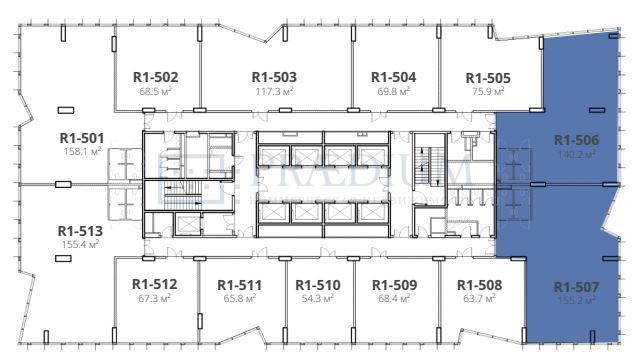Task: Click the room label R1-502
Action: point(155,76)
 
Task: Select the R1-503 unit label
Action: point(274,76)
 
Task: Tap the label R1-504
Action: point(393,76)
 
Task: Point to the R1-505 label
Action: point(488,77)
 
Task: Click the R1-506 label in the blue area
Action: point(576,141)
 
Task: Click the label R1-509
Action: point(382,283)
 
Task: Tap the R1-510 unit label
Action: point(318,283)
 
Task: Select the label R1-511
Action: point(239,283)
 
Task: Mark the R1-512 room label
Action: point(154,283)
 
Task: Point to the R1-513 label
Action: point(81,229)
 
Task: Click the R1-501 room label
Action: point(81,138)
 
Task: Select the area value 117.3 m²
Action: point(274,91)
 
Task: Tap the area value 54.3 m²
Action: point(318,298)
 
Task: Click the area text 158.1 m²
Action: point(81,153)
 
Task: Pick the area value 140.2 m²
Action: point(576,155)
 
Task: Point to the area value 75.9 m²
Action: point(488,91)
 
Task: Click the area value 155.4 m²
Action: point(81,244)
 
